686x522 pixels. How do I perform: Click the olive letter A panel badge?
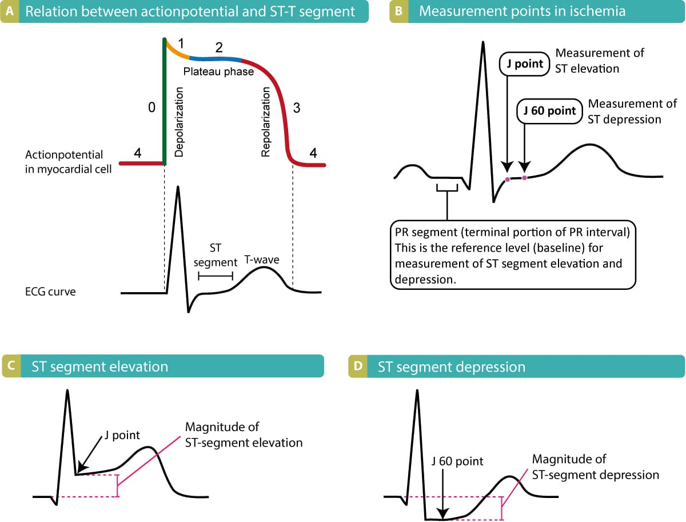coord(10,11)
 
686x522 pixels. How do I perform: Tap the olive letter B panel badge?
coord(398,11)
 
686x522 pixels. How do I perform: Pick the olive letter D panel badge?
coord(357,366)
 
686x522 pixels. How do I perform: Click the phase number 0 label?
coord(151,108)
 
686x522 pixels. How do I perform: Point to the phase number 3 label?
coord(296,109)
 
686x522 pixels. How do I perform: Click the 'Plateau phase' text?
coord(218,73)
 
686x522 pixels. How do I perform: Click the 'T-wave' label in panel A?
coord(262,259)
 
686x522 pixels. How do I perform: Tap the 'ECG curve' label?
coord(50,292)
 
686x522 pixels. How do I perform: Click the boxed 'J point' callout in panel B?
coord(524,64)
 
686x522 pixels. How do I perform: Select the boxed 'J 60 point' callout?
coord(549,110)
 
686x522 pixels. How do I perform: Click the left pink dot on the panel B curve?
coord(507,180)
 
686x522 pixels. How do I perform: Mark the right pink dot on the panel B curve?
coord(524,178)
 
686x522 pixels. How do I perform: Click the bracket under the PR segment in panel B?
coord(446,188)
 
